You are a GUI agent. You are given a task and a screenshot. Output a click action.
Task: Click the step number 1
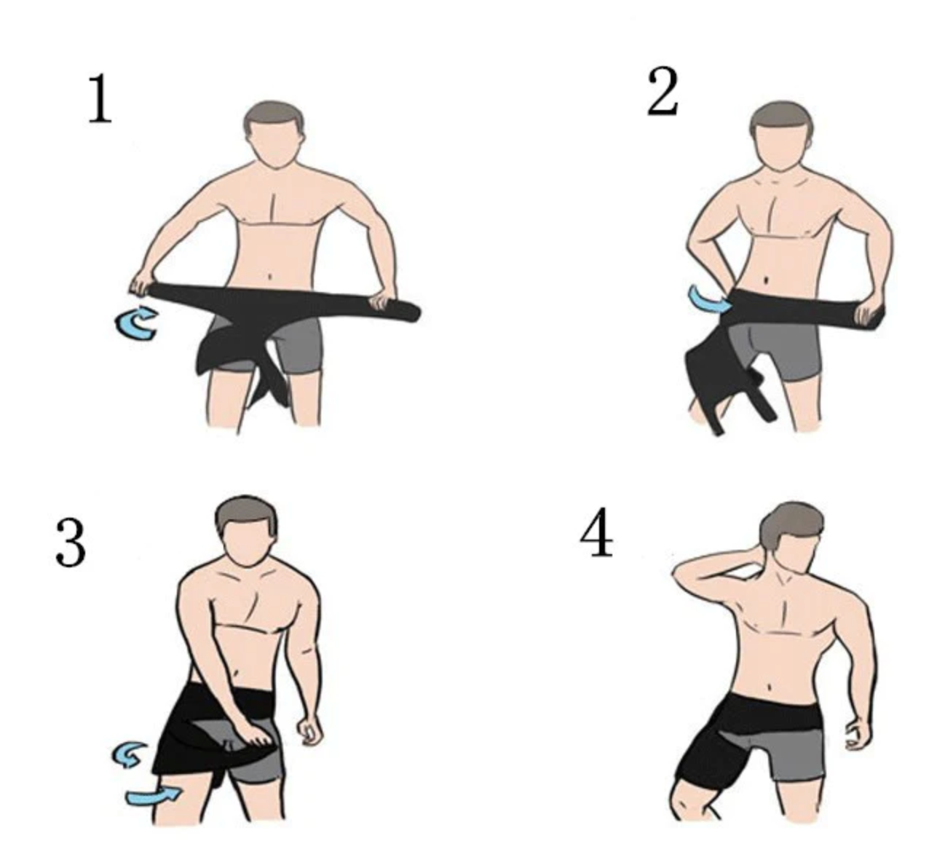[x=100, y=99]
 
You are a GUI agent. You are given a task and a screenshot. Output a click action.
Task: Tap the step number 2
[x=663, y=91]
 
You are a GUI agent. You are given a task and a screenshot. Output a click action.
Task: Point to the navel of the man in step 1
[x=269, y=276]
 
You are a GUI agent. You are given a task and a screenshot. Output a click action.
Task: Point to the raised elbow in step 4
[x=679, y=572]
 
